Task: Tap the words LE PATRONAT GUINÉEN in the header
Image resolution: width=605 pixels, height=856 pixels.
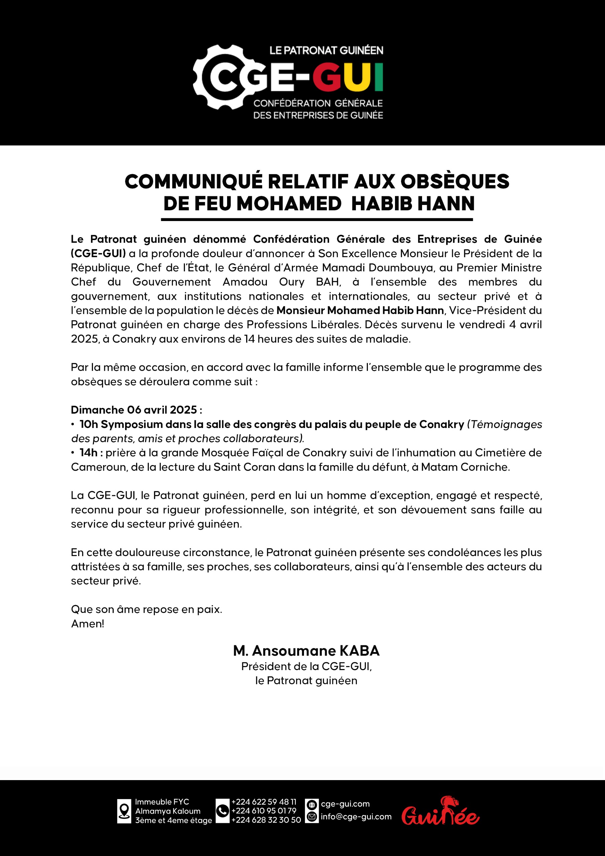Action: point(326,51)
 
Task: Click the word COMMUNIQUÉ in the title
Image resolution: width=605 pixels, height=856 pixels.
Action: point(194,182)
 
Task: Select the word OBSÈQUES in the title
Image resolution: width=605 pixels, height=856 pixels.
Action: point(455,182)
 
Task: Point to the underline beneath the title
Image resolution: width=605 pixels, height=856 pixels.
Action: point(317,220)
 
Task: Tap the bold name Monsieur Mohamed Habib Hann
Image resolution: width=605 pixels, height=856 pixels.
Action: point(360,310)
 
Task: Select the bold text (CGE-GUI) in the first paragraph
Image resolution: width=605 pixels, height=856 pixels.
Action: point(98,253)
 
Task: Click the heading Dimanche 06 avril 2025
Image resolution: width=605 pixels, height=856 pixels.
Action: point(136,410)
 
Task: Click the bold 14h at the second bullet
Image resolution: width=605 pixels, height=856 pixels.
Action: point(89,453)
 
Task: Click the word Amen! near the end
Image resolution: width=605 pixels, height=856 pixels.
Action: point(88,624)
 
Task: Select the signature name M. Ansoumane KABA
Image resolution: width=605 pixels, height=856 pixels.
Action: point(306,651)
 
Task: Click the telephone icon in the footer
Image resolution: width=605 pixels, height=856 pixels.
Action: point(222,811)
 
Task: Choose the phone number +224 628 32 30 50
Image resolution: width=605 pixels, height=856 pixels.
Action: point(266,820)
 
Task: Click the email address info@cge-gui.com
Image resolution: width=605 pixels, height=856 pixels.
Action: point(356,817)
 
